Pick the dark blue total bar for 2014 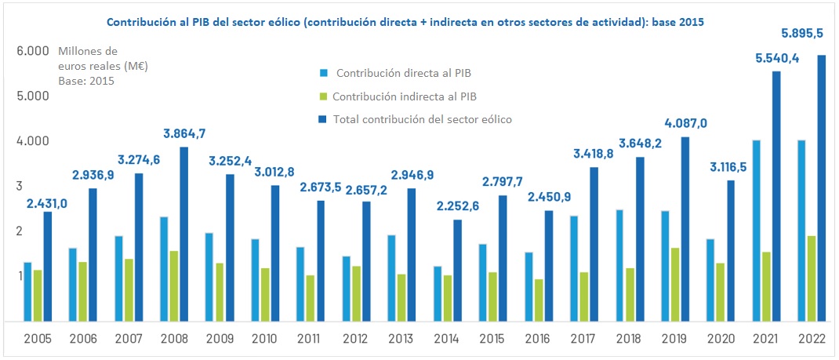(x=458, y=271)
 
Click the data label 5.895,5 (x=801, y=34)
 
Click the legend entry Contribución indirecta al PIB (x=405, y=96)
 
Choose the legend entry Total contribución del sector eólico (x=423, y=120)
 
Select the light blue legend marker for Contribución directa (x=322, y=74)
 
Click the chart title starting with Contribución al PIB (x=405, y=23)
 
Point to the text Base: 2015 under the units (x=86, y=81)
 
